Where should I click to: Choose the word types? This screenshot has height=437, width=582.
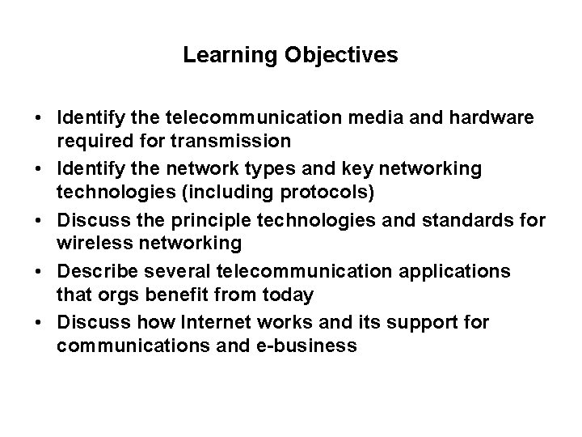(256, 168)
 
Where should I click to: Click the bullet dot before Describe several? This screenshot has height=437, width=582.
(39, 271)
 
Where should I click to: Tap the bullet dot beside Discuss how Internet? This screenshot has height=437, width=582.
(39, 321)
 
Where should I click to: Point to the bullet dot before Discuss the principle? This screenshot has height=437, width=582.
(39, 220)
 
